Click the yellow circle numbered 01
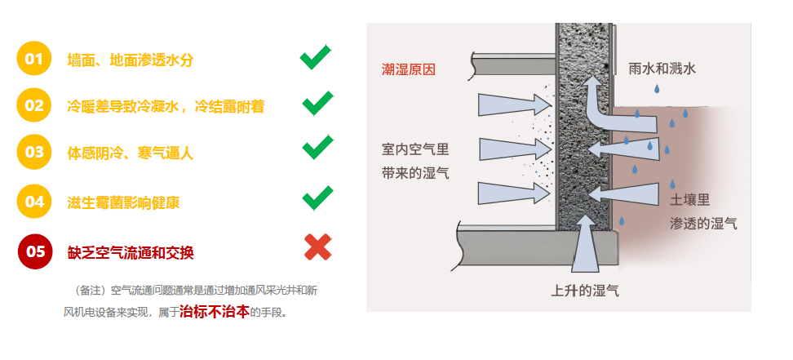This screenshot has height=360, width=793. [34, 59]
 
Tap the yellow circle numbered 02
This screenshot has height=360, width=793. [34, 105]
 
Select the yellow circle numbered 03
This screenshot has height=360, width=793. [34, 152]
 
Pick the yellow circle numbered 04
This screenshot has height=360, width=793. [34, 202]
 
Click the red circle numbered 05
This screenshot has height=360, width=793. [35, 251]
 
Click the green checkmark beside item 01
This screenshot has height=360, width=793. [316, 57]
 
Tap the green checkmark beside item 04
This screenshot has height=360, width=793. [317, 198]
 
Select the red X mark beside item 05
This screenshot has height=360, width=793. [318, 247]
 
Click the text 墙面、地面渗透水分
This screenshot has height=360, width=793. [131, 60]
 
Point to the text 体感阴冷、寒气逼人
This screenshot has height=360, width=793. [131, 153]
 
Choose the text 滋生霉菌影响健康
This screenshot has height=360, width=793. [123, 203]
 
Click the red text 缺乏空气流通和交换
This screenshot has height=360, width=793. [131, 253]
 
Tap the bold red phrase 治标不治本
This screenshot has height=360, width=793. [215, 311]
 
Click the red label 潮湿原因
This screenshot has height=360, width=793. [408, 70]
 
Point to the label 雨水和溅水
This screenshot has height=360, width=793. [662, 69]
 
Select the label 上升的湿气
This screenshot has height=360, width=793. [585, 291]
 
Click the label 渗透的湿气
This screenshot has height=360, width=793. [703, 224]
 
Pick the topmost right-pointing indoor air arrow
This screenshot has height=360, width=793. [515, 104]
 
